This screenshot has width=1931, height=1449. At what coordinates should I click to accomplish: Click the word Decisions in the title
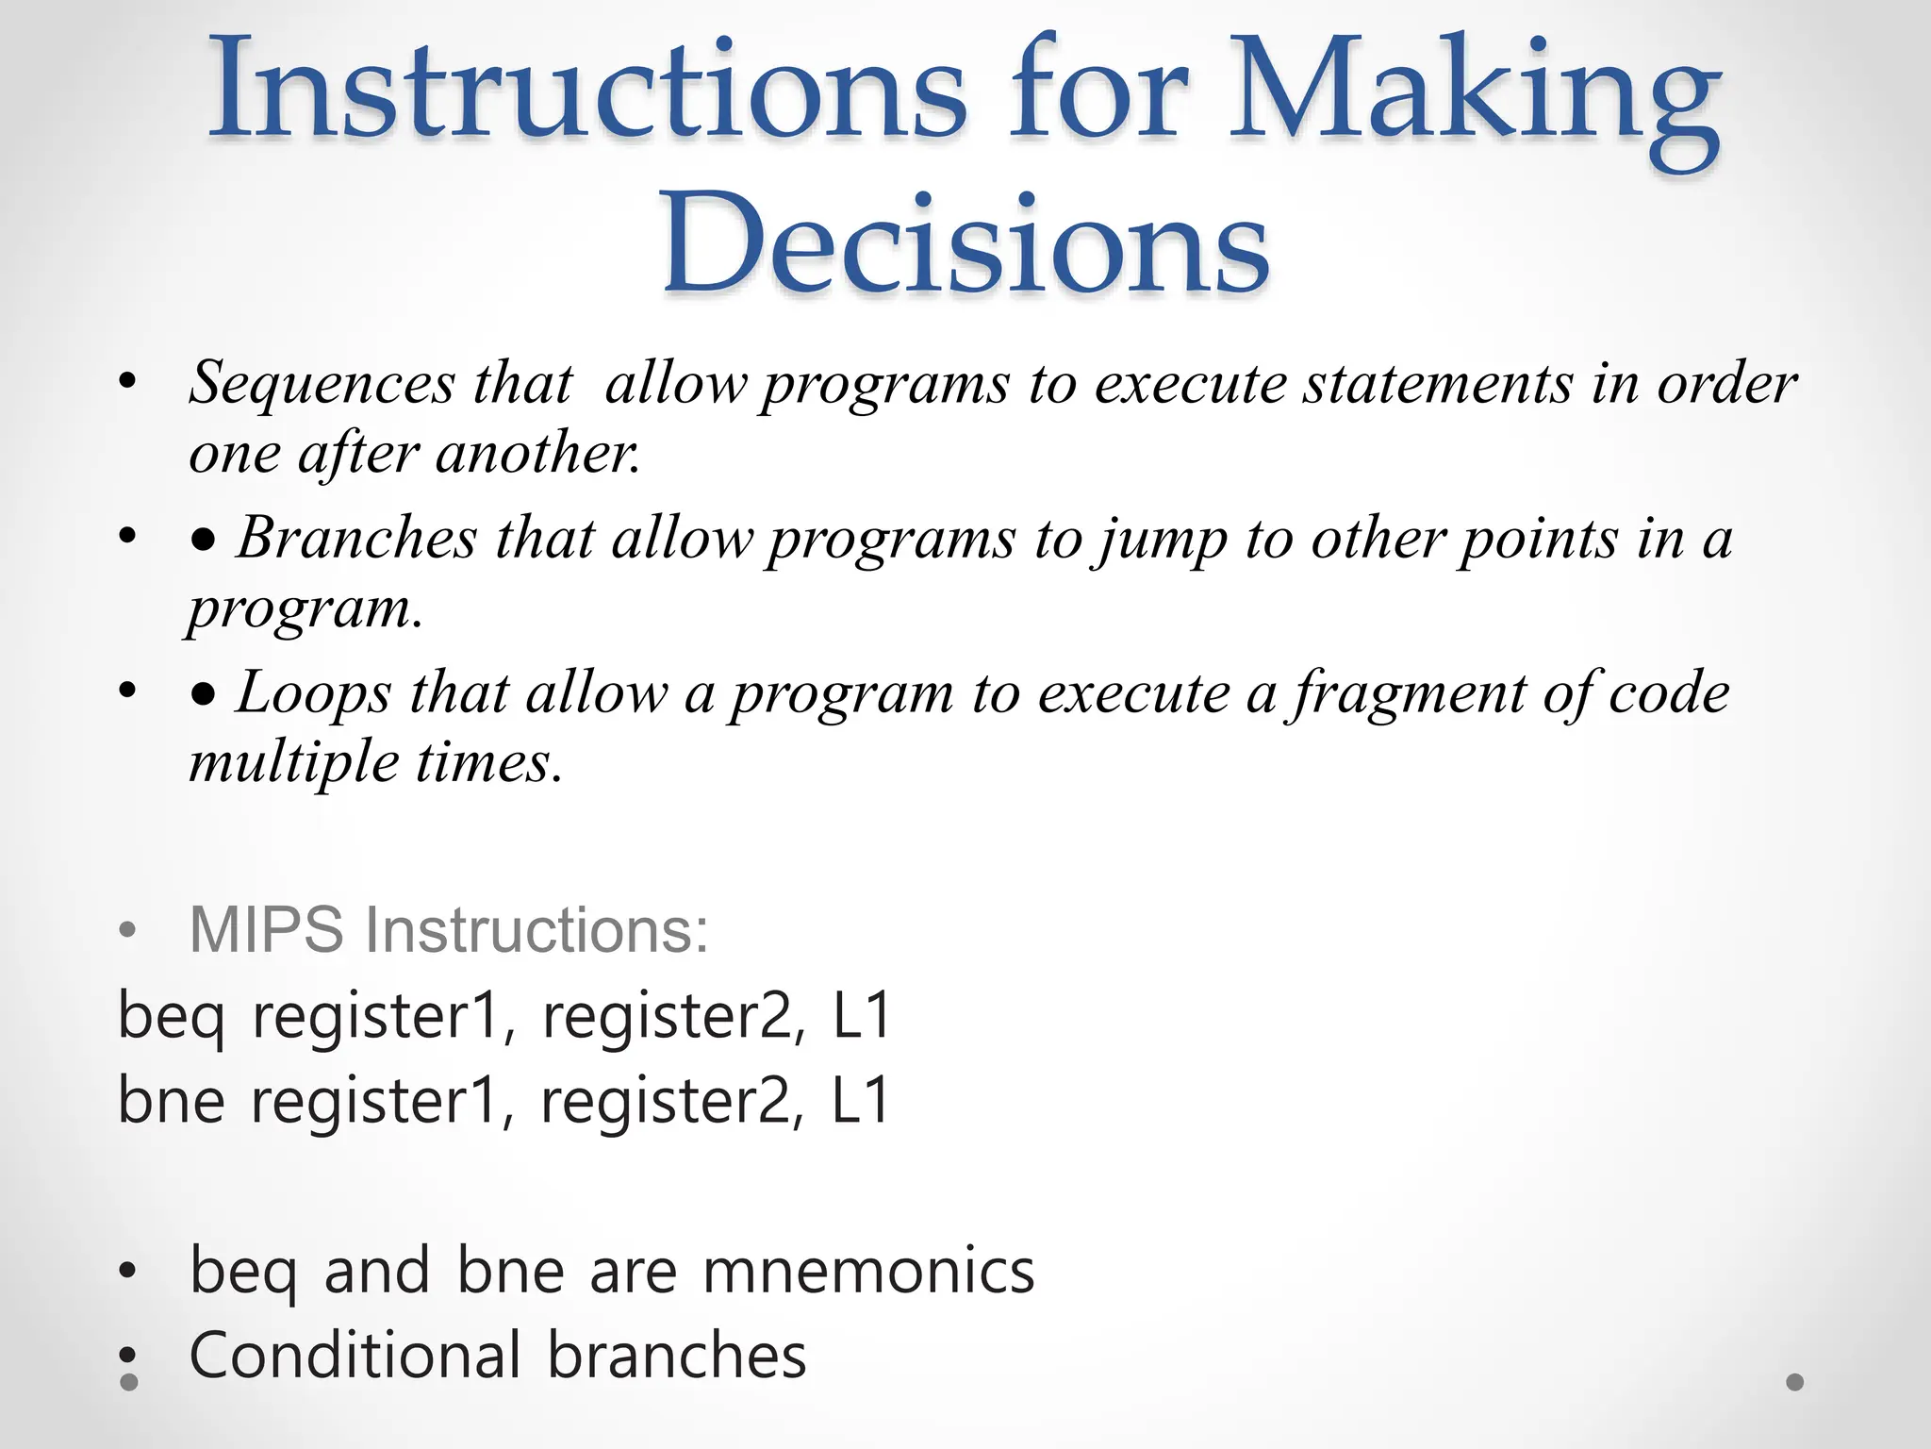click(x=965, y=243)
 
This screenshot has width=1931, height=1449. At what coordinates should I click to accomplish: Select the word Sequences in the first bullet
click(x=322, y=384)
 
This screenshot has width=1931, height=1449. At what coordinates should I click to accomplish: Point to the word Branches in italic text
click(x=356, y=539)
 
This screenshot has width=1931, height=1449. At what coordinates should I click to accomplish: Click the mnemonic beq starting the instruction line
click(x=171, y=1018)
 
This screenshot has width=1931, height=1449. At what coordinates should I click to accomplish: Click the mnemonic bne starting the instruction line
click(x=171, y=1101)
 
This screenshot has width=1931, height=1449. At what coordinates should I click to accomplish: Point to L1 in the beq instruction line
click(x=861, y=1016)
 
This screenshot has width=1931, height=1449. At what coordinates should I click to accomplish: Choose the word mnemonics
click(x=868, y=1272)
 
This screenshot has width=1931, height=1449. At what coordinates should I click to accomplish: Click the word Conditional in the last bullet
click(x=355, y=1356)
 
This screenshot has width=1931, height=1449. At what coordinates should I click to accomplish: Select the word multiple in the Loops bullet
click(x=293, y=762)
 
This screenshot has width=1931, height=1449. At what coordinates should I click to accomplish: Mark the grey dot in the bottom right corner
click(x=1795, y=1382)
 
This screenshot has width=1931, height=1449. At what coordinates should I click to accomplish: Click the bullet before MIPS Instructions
click(x=128, y=931)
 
